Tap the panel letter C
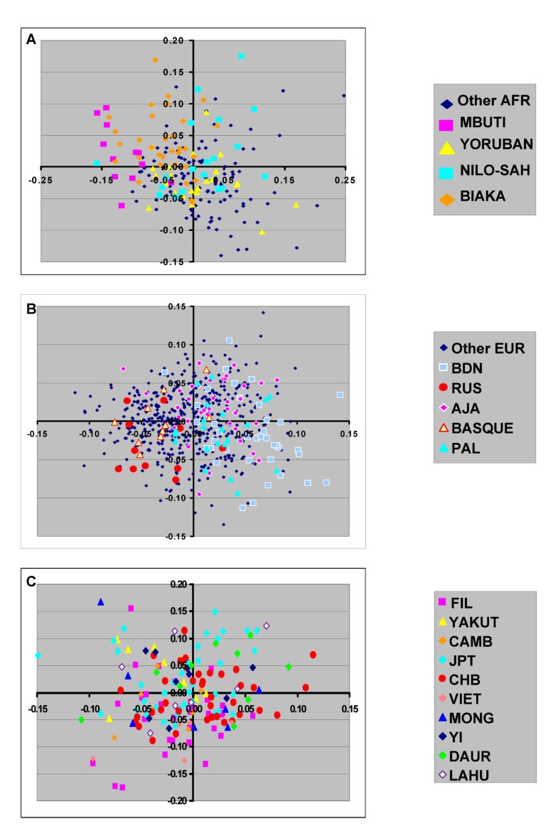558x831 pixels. click(x=31, y=581)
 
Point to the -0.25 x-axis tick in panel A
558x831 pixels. click(x=40, y=179)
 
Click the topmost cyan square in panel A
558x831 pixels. click(x=242, y=56)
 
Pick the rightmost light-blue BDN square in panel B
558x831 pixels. click(x=340, y=395)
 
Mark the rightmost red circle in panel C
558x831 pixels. click(x=313, y=655)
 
